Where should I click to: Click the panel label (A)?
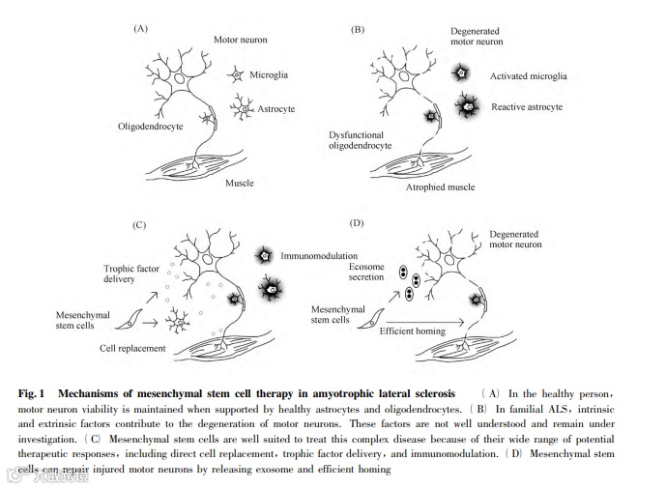(141, 30)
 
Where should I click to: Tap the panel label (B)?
(358, 30)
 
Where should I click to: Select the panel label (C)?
(141, 225)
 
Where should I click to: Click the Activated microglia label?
(528, 75)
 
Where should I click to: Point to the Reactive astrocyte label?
(526, 106)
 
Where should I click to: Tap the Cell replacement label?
(141, 347)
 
